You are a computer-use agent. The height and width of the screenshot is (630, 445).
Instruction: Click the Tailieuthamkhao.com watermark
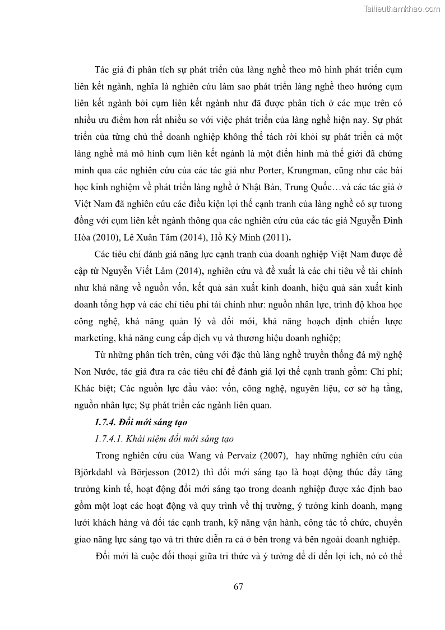click(x=402, y=9)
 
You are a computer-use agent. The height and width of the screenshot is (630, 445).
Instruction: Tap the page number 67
click(x=238, y=587)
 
